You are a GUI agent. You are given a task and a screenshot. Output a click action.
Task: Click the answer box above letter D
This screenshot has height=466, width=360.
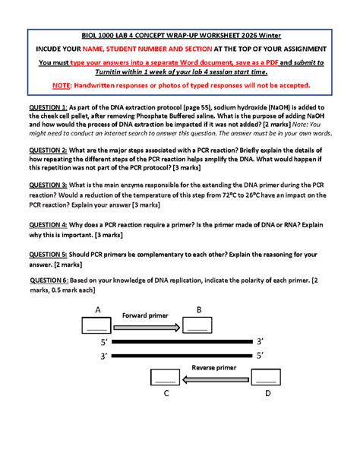(x=265, y=377)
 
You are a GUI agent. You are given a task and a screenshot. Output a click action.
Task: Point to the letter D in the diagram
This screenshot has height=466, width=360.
(x=267, y=394)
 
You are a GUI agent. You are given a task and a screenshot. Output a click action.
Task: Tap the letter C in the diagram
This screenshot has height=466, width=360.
(x=166, y=394)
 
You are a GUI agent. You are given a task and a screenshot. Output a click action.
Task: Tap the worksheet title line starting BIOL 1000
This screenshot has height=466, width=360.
(x=180, y=34)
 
